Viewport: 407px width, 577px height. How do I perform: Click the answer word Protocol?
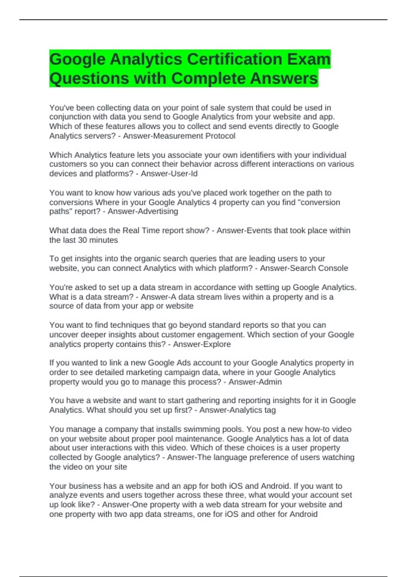[220, 136]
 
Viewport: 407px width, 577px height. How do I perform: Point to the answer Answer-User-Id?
[169, 173]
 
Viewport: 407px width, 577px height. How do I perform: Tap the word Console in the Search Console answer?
[333, 268]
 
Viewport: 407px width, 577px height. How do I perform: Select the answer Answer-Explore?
[202, 344]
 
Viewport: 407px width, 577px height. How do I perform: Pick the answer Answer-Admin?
[255, 382]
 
